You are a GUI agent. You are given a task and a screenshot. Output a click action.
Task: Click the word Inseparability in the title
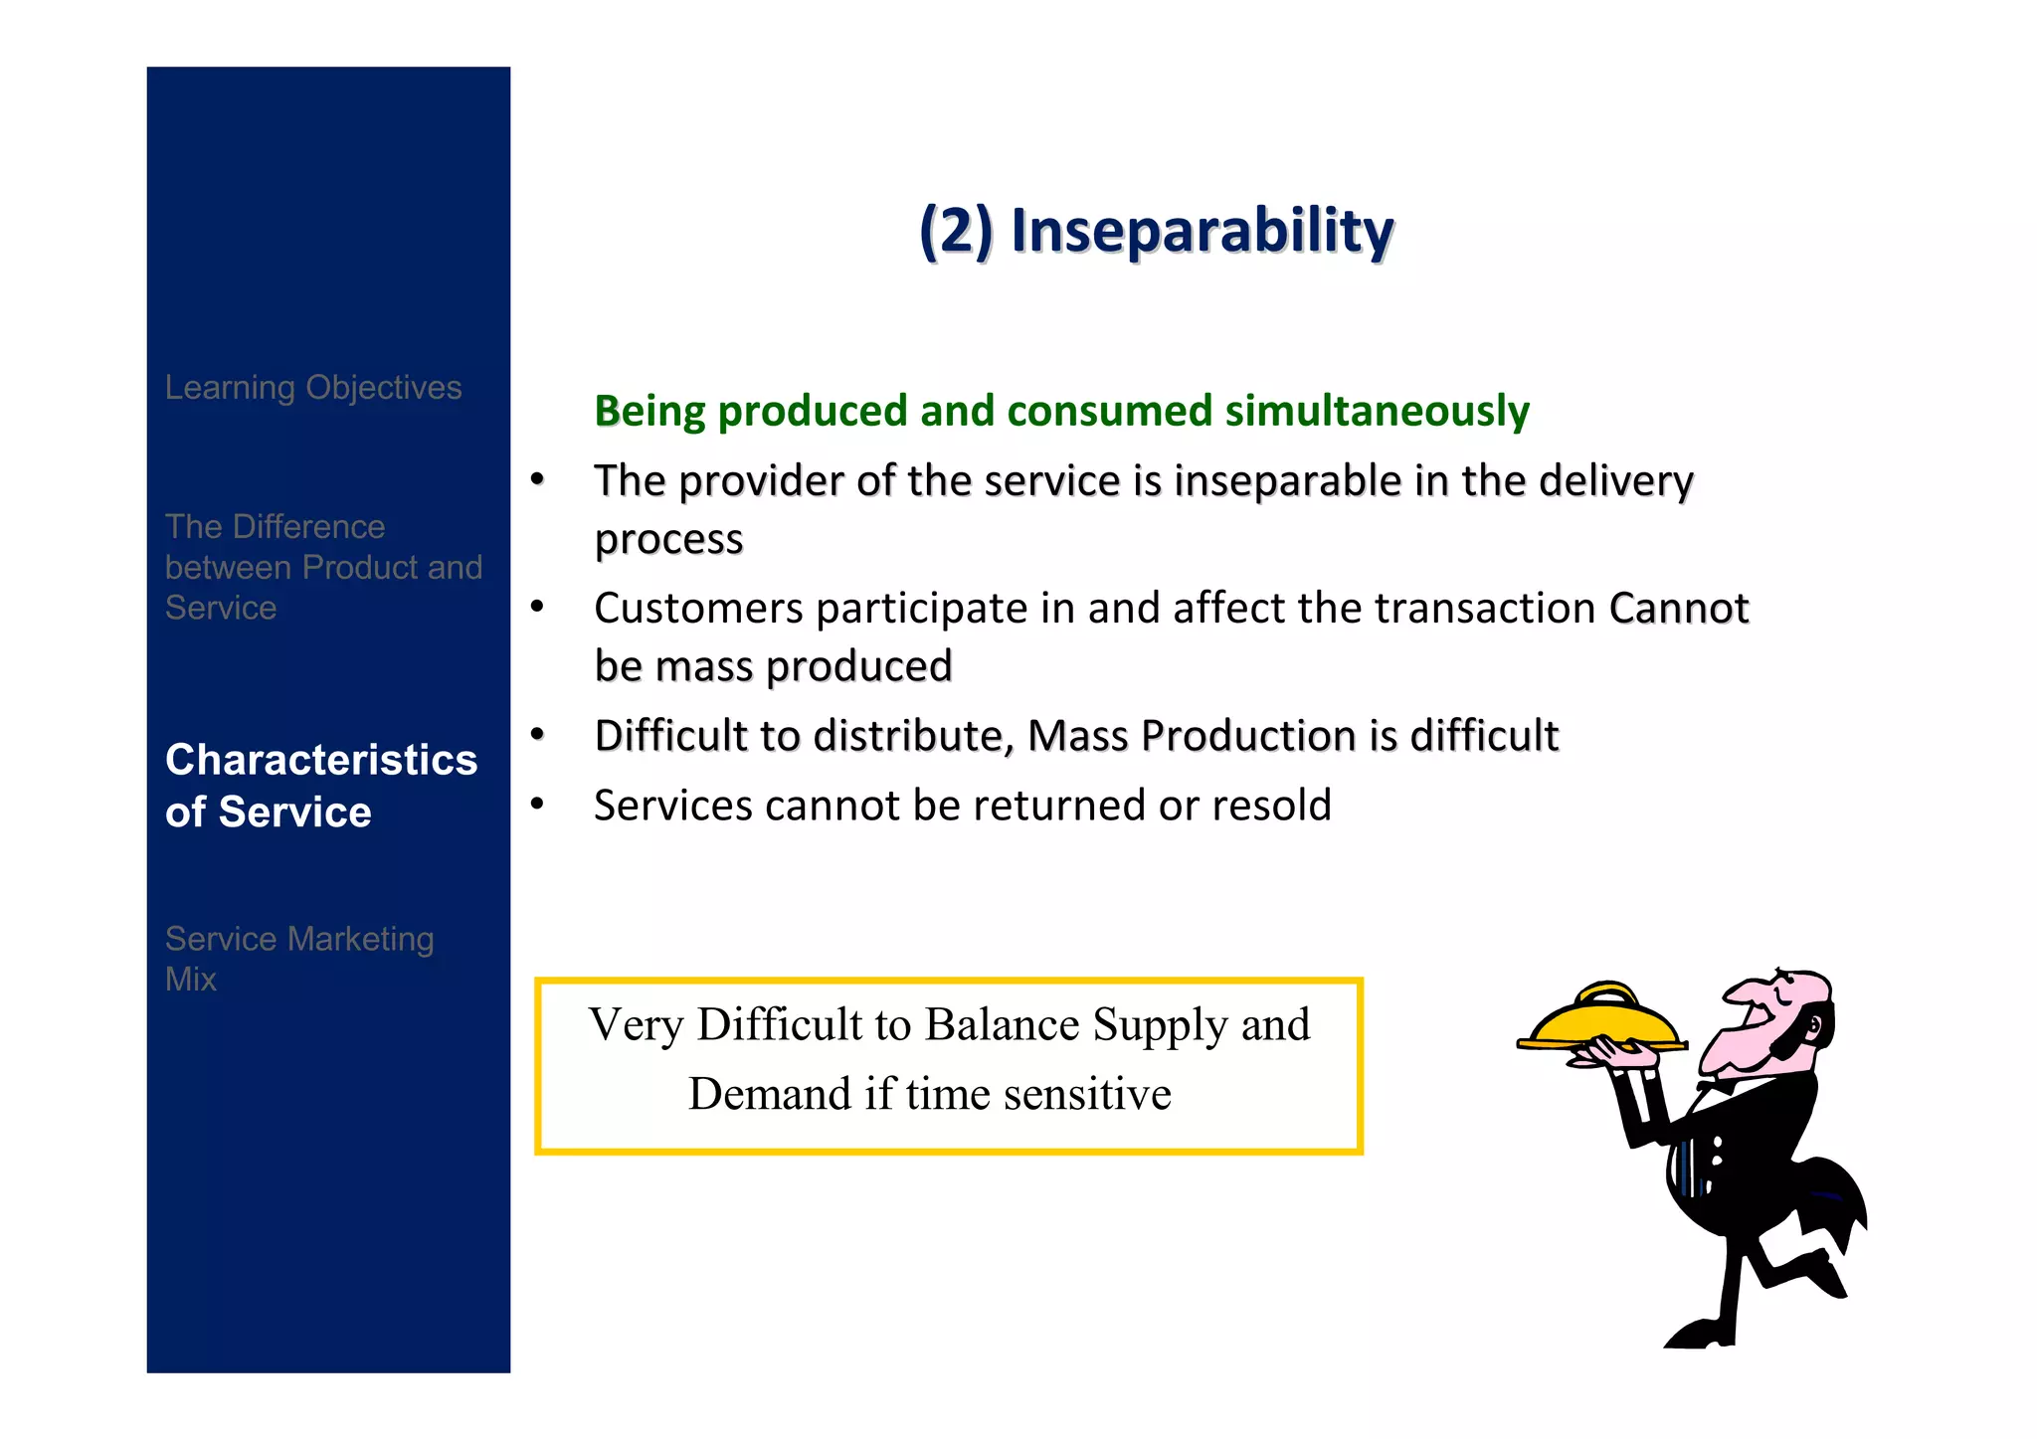point(1202,232)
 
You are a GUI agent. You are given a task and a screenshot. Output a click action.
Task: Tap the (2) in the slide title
point(955,232)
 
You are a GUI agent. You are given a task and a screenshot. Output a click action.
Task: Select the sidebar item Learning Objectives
point(313,387)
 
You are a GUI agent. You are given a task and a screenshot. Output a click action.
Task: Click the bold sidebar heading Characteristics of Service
point(320,786)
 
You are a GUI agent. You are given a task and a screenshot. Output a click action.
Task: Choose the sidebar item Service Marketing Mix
point(298,959)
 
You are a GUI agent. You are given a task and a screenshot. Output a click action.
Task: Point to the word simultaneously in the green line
point(1377,412)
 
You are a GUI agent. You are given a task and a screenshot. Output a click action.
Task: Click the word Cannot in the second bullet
point(1678,609)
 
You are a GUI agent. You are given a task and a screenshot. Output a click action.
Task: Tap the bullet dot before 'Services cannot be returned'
point(537,804)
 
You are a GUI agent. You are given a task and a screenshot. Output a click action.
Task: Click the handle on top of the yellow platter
point(1605,991)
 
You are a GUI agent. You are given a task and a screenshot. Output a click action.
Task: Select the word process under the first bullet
point(668,540)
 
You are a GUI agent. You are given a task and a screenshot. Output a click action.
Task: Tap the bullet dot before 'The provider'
point(537,480)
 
